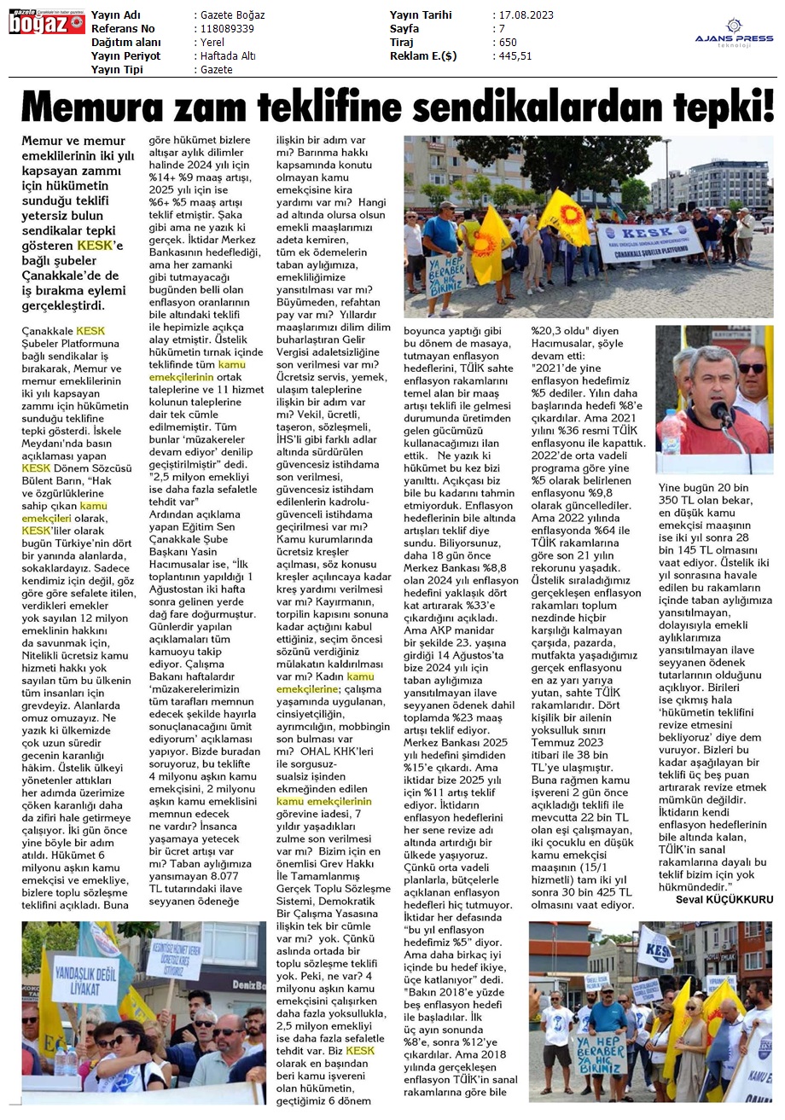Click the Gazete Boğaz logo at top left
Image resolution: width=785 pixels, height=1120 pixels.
tap(46, 23)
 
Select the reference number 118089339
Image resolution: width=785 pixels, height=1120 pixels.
tap(225, 29)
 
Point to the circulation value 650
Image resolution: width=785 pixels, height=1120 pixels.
tap(509, 43)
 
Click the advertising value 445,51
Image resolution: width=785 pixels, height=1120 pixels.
tap(516, 56)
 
